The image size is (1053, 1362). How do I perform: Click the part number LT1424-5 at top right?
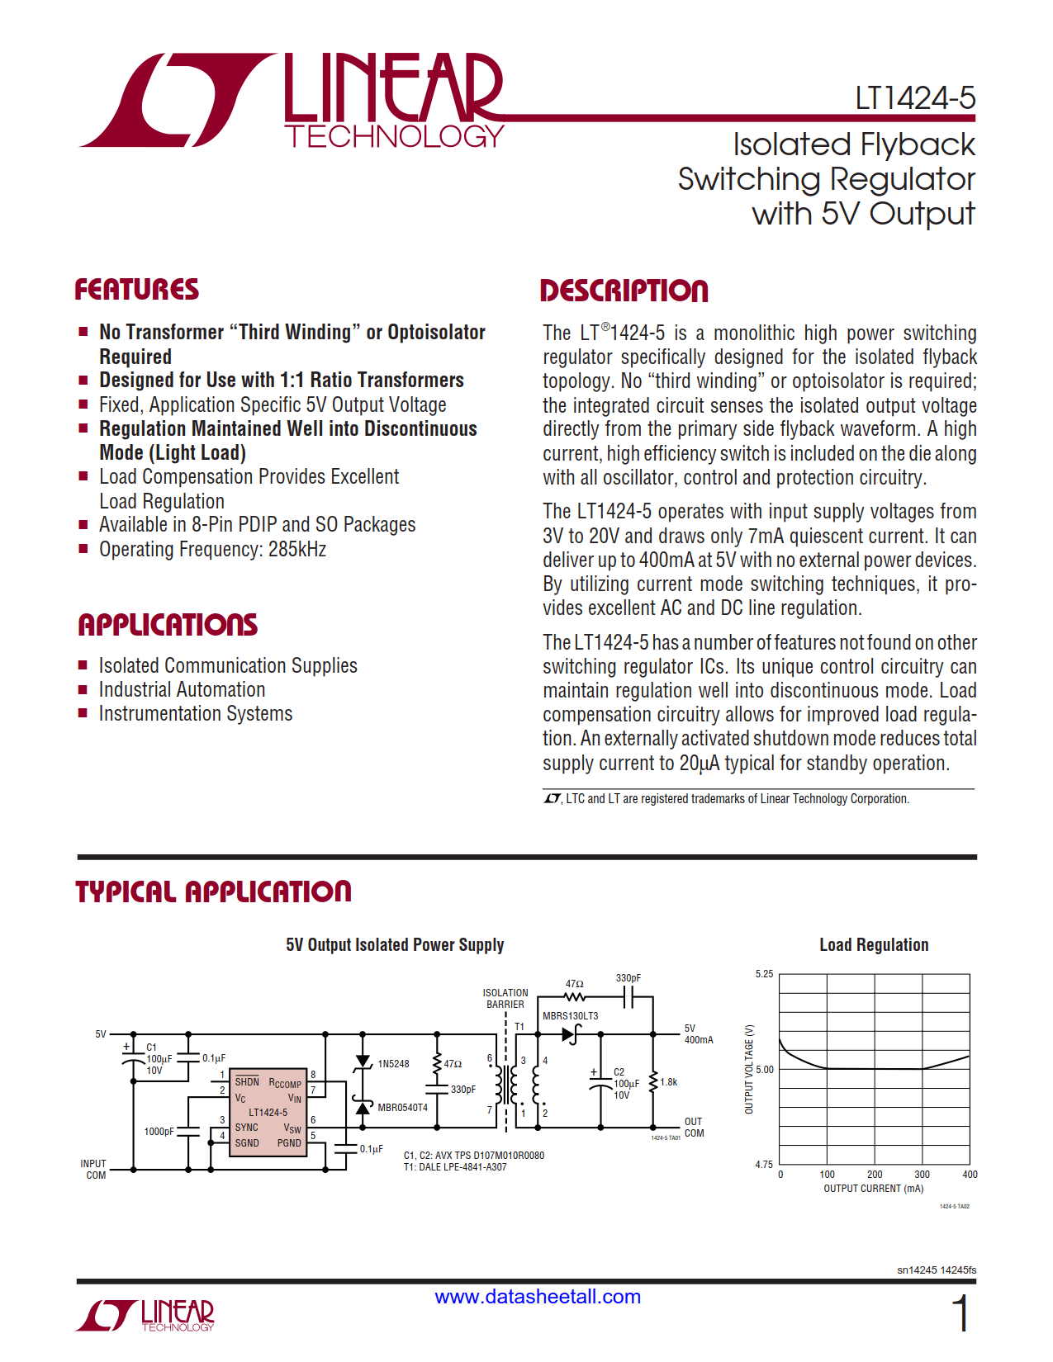[914, 98]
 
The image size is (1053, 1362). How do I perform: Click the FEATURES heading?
[137, 290]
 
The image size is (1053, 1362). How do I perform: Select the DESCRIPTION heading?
[624, 291]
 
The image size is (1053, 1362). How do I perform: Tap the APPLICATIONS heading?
[168, 625]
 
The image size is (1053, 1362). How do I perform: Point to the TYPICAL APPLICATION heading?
[213, 891]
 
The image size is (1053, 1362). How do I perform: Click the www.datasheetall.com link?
[538, 1297]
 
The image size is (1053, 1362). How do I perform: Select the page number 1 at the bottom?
[961, 1313]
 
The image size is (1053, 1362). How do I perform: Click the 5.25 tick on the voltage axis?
[764, 974]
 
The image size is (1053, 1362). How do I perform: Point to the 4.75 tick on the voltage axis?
[764, 1165]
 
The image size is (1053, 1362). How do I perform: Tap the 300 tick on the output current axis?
[922, 1175]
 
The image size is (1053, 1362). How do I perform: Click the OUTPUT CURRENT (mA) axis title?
[873, 1189]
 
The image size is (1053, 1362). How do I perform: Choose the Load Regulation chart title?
[874, 945]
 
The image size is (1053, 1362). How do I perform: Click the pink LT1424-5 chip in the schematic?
[268, 1112]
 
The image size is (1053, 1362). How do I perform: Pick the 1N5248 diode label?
[393, 1064]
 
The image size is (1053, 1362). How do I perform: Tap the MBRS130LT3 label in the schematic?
[570, 1016]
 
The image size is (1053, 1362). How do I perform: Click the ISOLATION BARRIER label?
[505, 999]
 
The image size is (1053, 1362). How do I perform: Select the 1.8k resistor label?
[668, 1082]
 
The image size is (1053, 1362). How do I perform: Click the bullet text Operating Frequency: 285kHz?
[212, 550]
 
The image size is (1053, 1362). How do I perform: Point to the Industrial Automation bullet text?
[182, 690]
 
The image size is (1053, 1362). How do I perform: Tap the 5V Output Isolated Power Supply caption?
[395, 945]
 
